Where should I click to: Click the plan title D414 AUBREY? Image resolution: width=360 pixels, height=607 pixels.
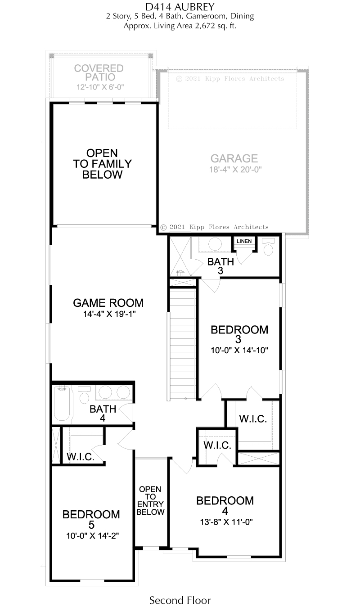point(180,6)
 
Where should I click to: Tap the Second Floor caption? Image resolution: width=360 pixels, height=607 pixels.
point(180,600)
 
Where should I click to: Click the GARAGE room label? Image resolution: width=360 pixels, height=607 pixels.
point(234,158)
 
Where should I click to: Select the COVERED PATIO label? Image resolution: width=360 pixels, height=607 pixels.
point(99,72)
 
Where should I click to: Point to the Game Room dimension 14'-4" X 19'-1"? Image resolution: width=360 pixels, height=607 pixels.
point(109,314)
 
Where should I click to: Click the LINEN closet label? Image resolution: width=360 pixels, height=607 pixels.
point(244,241)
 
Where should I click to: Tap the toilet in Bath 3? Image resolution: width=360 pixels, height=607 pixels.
point(268,247)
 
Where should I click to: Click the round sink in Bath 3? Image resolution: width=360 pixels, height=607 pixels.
point(215,244)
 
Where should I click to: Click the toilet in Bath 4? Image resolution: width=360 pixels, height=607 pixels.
point(84,395)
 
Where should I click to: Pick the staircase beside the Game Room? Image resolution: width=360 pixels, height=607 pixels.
point(182,344)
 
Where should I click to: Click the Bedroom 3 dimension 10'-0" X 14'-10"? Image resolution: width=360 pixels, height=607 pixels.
point(239,350)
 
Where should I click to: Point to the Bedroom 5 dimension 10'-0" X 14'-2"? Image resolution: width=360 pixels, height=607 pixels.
point(92,536)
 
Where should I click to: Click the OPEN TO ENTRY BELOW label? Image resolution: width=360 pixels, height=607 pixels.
point(150,500)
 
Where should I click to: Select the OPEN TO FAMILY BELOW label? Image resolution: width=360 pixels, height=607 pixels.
point(102,164)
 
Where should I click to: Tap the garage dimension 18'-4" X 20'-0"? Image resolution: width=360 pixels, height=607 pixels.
point(235,169)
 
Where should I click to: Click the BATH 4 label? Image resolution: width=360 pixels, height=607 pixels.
point(103,413)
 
